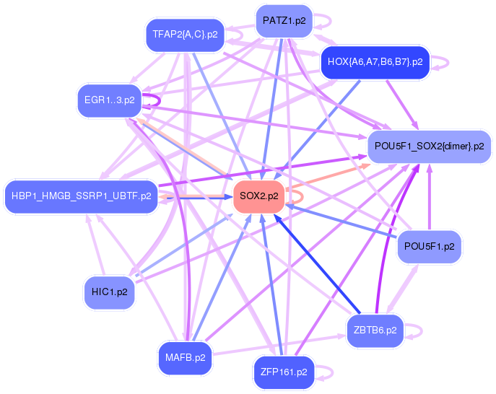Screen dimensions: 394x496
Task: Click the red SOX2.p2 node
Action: tap(258, 196)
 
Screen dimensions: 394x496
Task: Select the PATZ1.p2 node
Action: tap(284, 21)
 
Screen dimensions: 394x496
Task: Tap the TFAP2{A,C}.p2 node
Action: tap(185, 34)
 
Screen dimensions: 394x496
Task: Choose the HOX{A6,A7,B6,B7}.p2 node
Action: tap(375, 61)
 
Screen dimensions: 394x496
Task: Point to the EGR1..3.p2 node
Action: tap(109, 100)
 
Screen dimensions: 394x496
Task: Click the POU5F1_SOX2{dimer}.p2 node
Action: tap(429, 146)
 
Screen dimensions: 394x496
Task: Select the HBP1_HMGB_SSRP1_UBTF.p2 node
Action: tap(80, 196)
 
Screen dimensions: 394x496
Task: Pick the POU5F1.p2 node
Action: tap(429, 246)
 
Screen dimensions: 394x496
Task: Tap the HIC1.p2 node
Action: tap(109, 292)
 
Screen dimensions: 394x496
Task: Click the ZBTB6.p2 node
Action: tap(375, 330)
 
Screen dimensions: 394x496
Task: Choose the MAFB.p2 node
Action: tap(185, 357)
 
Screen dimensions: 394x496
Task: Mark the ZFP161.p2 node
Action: tap(284, 372)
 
